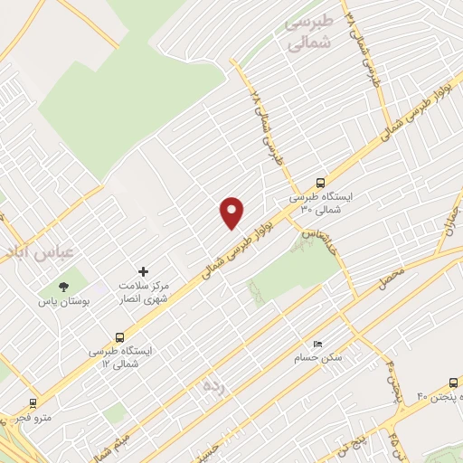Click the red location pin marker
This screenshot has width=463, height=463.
[x=232, y=213]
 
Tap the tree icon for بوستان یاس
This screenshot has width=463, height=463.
[x=62, y=287]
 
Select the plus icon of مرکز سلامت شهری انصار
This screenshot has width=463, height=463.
[x=142, y=270]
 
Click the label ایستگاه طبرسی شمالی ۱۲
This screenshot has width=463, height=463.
[x=128, y=355]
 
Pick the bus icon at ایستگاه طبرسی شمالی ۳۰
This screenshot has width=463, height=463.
[x=320, y=183]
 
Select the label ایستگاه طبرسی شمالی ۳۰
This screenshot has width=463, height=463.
[x=320, y=203]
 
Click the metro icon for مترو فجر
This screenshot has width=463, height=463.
[x=33, y=403]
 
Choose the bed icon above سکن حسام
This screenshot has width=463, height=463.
[x=317, y=344]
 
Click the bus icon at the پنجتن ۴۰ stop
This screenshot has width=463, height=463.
[x=453, y=383]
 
